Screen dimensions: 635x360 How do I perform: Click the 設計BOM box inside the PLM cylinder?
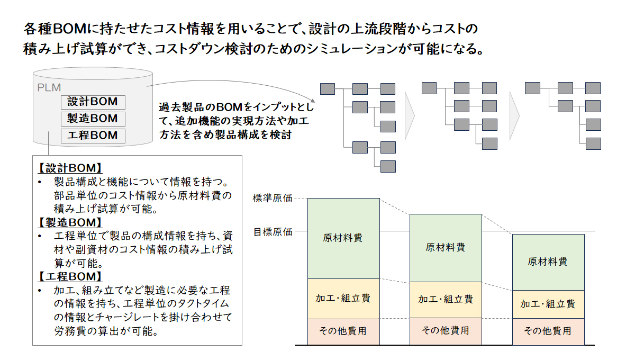click(93, 102)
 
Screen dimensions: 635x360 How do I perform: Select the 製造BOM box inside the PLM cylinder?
click(93, 119)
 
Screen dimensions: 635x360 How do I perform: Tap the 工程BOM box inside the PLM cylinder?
click(93, 136)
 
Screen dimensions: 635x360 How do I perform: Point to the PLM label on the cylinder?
click(49, 88)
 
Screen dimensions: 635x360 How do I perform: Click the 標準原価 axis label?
click(273, 198)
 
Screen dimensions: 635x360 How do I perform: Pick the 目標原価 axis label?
click(273, 232)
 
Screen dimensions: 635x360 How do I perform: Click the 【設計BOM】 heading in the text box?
click(70, 168)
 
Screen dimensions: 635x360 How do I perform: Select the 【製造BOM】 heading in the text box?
click(70, 222)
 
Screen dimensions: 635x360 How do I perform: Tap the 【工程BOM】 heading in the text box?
click(70, 276)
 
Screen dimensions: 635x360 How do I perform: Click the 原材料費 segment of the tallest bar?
click(343, 238)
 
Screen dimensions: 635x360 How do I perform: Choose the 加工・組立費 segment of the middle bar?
click(446, 300)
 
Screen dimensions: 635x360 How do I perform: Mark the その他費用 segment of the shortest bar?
click(548, 331)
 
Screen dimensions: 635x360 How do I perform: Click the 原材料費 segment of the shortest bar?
click(548, 262)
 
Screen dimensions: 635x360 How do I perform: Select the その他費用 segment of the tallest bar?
click(343, 331)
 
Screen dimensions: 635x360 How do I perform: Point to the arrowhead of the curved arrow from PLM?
click(313, 101)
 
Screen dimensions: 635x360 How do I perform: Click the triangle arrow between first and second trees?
click(410, 116)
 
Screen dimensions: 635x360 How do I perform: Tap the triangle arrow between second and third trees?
click(514, 116)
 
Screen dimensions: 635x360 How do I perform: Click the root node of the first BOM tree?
click(328, 89)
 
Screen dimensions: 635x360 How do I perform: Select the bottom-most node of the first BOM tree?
click(388, 167)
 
